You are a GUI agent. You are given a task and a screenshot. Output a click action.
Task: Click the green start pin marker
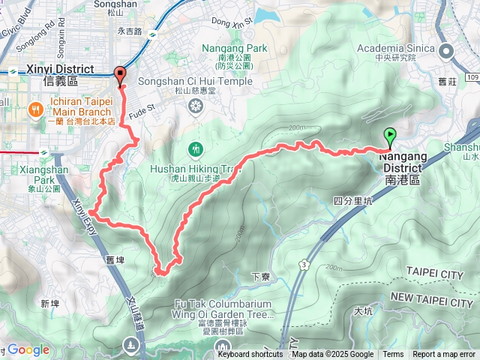(x=390, y=137)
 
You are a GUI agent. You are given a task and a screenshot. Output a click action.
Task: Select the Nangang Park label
(x=235, y=48)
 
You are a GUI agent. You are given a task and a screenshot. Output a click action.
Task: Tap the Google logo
(x=28, y=349)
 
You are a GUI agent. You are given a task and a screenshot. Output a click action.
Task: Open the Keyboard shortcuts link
(x=250, y=355)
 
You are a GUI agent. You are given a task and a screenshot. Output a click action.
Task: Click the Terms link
(x=393, y=355)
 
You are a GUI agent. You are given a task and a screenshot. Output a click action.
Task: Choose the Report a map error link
(x=443, y=355)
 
